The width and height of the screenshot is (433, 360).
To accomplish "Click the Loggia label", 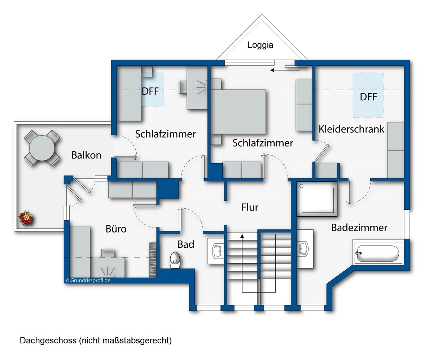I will pyautogui.click(x=260, y=45).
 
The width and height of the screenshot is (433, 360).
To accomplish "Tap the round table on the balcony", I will pyautogui.click(x=42, y=148).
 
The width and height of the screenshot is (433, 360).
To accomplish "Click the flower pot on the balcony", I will pyautogui.click(x=26, y=218).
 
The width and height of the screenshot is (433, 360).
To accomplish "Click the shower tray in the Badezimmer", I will pyautogui.click(x=317, y=199).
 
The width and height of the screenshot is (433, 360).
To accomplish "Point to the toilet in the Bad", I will pyautogui.click(x=175, y=260).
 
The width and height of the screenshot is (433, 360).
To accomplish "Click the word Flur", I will pyautogui.click(x=250, y=207).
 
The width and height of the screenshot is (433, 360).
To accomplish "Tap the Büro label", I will pyautogui.click(x=116, y=229).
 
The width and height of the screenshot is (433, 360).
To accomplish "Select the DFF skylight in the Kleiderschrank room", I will pyautogui.click(x=368, y=95).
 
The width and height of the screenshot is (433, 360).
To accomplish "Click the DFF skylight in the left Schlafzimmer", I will pyautogui.click(x=152, y=90).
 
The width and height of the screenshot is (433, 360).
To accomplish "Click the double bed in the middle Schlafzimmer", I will pyautogui.click(x=239, y=112).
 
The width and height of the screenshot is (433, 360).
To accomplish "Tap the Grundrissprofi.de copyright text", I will pyautogui.click(x=88, y=280).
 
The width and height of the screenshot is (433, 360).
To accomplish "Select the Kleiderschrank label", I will pyautogui.click(x=351, y=129).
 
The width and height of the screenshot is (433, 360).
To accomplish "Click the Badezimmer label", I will pyautogui.click(x=359, y=227).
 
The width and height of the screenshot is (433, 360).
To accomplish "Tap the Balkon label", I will pyautogui.click(x=86, y=155).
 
